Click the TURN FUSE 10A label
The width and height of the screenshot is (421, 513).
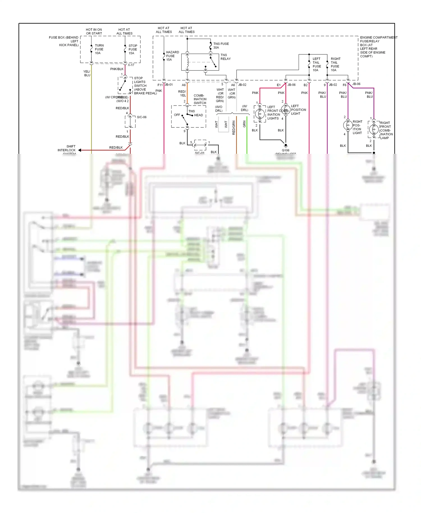point(99,49)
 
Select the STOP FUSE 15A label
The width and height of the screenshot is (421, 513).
point(133,49)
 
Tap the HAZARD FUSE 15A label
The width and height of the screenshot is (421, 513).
point(172,56)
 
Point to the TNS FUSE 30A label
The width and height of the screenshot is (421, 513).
point(221,45)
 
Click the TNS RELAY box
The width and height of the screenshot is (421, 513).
point(200,62)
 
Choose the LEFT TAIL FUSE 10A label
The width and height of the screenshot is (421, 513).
point(317,65)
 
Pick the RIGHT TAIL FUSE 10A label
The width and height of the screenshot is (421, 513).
point(335,65)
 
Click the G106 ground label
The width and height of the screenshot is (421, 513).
point(285,150)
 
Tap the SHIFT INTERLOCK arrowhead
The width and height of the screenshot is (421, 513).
point(80,150)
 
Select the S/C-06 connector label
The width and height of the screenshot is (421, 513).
point(142,117)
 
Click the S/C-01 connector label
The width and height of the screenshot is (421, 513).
point(200,153)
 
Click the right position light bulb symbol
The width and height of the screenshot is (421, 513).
point(348,125)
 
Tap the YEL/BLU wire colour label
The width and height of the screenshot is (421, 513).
point(87,73)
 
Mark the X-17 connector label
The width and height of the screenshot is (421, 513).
point(131,65)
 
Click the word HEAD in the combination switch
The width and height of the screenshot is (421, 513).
point(198,115)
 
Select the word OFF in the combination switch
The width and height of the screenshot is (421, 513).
point(177,115)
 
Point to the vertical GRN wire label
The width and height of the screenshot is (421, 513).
point(244,124)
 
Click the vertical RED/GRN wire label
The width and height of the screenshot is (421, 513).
point(234,128)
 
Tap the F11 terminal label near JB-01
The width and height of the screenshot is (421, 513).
point(160,85)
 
